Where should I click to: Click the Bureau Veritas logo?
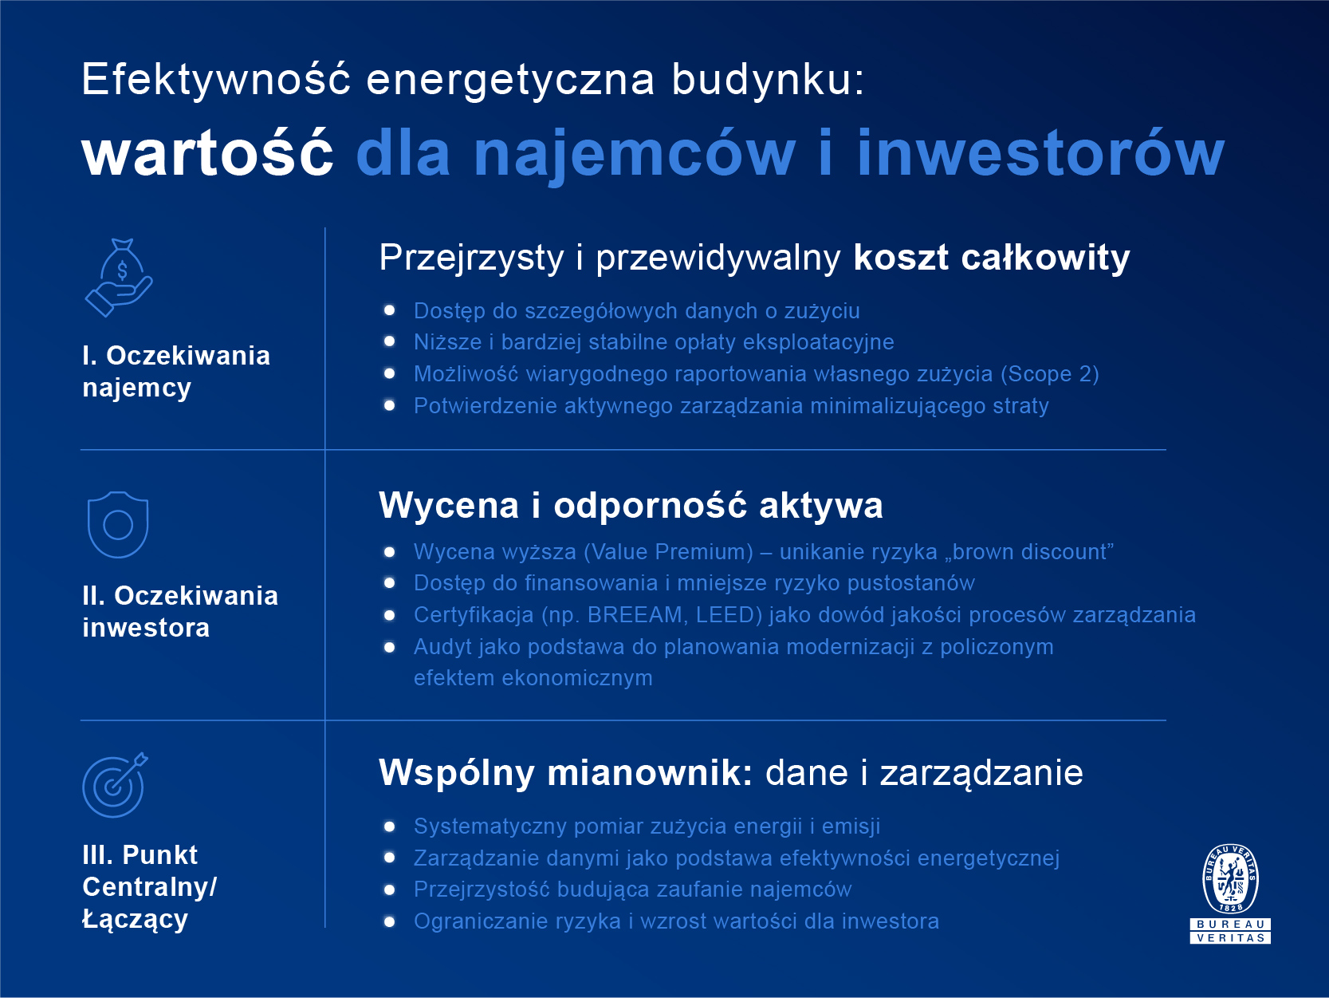1230,893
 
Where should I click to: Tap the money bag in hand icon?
120,278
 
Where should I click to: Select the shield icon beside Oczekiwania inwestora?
118,524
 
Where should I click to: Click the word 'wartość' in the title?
207,153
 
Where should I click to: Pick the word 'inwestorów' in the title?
1040,153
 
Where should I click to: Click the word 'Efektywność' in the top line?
216,80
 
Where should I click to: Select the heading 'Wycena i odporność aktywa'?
631,506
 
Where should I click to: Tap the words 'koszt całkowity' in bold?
991,258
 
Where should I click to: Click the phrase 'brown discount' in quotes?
1029,552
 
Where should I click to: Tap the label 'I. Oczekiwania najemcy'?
176,372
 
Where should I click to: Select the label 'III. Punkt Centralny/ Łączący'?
149,887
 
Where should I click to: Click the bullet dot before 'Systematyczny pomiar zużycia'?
390,826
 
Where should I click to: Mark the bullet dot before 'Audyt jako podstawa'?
390,647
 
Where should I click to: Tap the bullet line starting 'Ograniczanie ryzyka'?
675,921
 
